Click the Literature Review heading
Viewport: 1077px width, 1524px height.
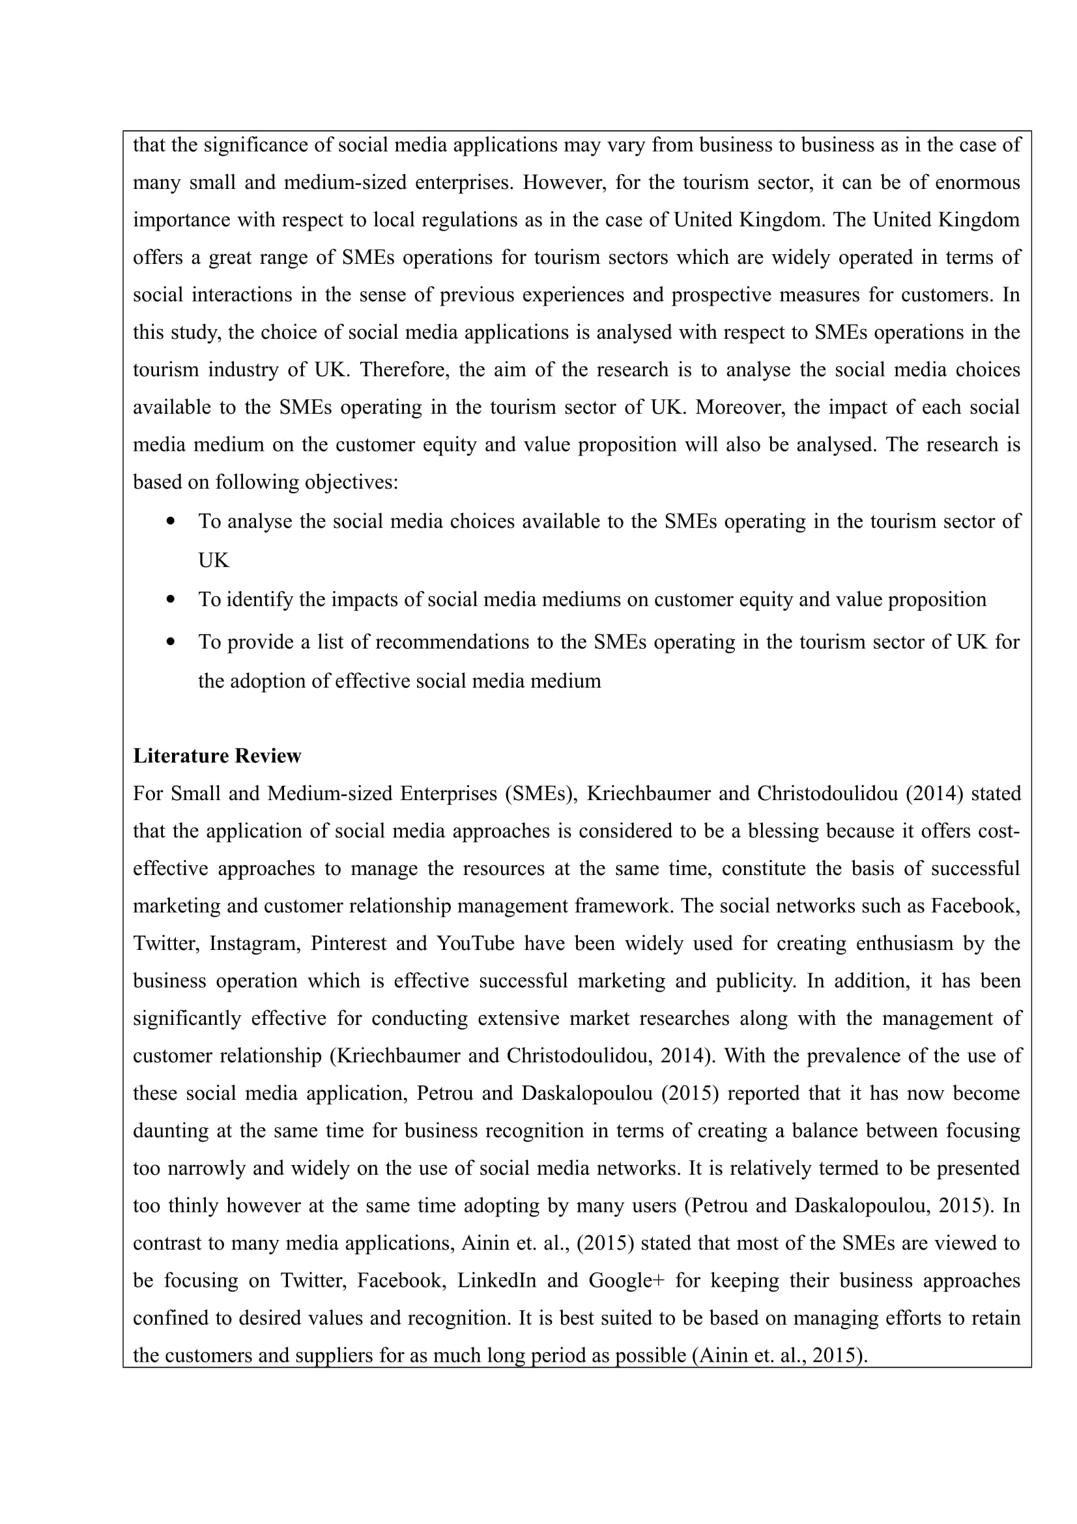(217, 756)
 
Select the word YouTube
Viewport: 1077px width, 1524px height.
(475, 943)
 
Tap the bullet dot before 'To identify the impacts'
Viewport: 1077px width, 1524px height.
(171, 599)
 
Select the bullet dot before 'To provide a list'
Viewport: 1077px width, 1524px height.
(171, 642)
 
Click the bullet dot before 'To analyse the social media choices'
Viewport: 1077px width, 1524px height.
(171, 521)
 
